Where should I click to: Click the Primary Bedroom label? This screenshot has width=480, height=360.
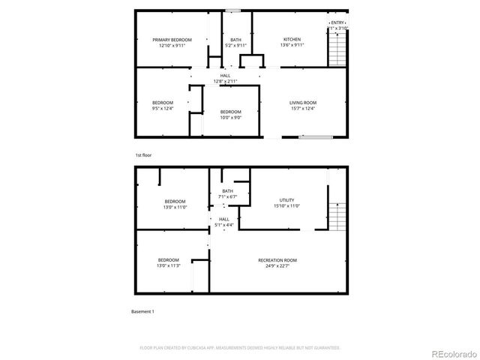172,43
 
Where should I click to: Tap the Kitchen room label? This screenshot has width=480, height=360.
292,43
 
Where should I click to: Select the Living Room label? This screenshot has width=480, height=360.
303,106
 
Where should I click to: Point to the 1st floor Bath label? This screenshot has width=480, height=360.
235,43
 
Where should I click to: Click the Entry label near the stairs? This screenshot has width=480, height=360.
338,25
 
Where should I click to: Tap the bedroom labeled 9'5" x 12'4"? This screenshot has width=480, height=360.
163,106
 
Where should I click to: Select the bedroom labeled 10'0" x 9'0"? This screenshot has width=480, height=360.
230,115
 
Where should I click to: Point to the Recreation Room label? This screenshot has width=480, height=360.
277,262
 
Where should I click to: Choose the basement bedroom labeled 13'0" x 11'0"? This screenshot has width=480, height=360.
175,204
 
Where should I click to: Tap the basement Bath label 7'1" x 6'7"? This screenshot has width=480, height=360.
227,193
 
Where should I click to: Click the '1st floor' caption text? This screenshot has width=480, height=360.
142,155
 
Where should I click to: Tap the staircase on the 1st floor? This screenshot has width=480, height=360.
338,49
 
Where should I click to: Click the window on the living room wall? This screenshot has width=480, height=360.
314,137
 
